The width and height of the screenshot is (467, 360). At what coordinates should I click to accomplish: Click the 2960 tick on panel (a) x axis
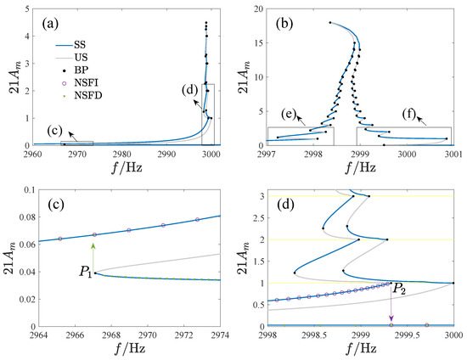35,154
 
